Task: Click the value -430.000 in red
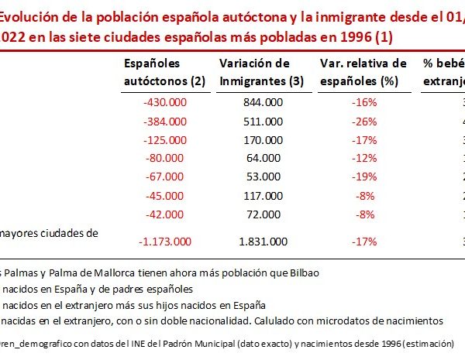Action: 165,102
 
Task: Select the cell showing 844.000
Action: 262,102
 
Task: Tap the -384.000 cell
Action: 165,121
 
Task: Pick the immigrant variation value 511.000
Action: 262,121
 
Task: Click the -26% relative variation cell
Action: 363,121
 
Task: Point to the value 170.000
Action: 262,140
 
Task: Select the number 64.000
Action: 262,159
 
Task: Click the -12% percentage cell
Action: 363,159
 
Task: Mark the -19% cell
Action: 363,177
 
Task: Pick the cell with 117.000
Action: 262,196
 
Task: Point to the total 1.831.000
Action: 262,241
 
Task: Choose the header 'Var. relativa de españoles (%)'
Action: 363,71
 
